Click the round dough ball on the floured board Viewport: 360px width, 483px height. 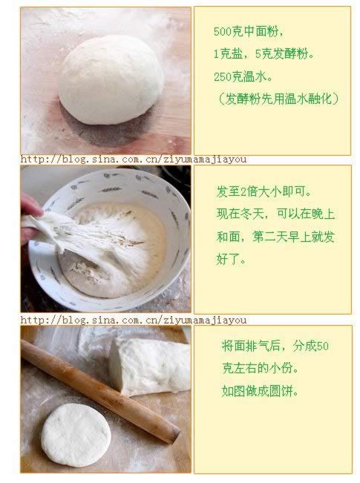111,79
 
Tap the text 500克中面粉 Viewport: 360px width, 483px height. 249,31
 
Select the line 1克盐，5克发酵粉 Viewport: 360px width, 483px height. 264,54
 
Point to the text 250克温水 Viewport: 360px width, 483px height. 243,76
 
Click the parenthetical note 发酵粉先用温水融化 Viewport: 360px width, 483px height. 278,99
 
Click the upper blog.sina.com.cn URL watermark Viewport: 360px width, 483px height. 134,160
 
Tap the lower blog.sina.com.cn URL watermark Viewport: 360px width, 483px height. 134,320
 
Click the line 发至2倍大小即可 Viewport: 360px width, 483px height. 264,191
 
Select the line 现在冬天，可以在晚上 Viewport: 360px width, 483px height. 275,214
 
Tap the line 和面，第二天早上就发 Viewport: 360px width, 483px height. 275,237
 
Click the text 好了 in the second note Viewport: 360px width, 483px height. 231,260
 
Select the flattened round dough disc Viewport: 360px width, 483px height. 76,435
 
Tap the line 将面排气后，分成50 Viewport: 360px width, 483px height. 275,346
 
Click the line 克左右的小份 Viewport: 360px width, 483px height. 260,368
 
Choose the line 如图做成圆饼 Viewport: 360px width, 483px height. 260,391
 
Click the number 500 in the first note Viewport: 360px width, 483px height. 222,31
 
